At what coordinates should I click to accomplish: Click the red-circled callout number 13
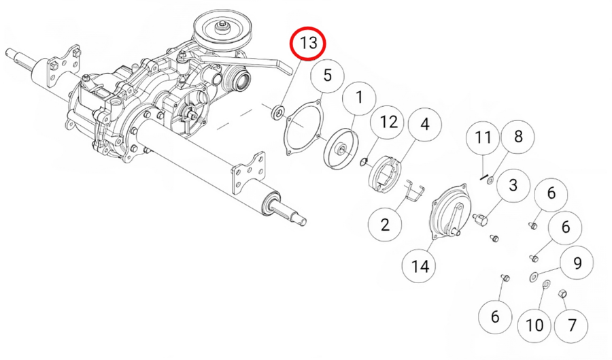tap(307, 43)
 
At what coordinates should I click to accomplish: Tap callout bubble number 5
tap(328, 76)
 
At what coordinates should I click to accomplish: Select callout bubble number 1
tap(359, 98)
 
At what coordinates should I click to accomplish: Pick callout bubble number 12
tap(388, 122)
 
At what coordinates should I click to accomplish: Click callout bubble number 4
tap(424, 124)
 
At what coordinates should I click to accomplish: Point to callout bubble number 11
tap(483, 138)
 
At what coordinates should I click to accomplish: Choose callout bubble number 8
tap(517, 137)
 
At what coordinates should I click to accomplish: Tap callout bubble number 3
tap(513, 186)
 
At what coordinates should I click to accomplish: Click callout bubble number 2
tap(386, 225)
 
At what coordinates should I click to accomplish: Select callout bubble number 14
tap(420, 267)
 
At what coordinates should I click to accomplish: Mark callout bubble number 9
tap(577, 263)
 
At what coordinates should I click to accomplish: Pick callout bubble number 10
tap(534, 325)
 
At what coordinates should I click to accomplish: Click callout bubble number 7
tap(571, 325)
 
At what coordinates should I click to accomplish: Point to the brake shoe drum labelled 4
tap(384, 173)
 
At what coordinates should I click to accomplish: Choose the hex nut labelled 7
tap(562, 293)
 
